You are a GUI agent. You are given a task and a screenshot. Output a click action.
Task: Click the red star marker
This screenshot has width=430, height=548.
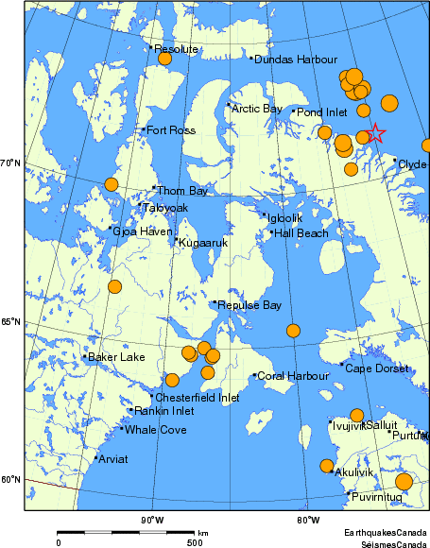[x=374, y=133]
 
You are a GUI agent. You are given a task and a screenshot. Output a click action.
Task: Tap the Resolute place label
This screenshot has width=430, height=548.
[x=176, y=48]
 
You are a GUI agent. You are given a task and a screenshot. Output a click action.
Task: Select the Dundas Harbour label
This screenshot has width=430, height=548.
[x=283, y=59]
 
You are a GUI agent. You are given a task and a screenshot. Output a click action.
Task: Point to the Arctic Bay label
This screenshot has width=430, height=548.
[x=256, y=109]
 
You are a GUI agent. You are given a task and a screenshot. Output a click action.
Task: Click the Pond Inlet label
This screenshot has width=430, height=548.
[x=322, y=111]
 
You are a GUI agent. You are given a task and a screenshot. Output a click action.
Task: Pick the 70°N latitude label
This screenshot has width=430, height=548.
[x=10, y=163]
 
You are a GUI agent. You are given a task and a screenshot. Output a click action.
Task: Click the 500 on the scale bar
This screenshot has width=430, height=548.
[x=194, y=542]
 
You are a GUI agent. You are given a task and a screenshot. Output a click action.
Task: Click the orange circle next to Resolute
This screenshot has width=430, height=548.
[x=164, y=59]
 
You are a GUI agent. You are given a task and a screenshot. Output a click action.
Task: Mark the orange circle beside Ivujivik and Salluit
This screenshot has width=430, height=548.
[x=356, y=415]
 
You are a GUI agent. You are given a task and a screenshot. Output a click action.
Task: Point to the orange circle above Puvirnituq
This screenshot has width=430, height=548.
[x=404, y=482]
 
